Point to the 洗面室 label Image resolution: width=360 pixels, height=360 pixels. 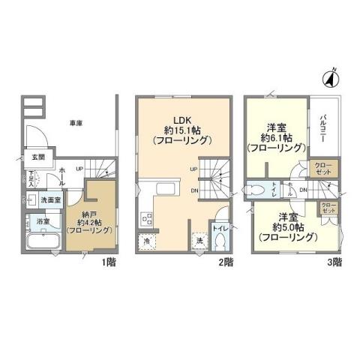[51, 201]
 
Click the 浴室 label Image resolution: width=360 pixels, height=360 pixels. [43, 223]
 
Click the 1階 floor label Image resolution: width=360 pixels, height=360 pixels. [109, 263]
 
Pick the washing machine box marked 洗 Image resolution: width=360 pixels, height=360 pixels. [200, 242]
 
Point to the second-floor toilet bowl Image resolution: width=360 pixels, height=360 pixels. [220, 242]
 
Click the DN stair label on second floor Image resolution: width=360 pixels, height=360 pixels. [193, 191]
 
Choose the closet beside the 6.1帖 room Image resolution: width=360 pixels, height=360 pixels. [324, 168]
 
